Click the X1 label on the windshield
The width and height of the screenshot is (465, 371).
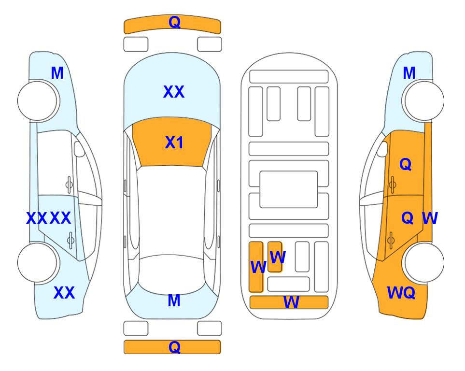tap(174, 143)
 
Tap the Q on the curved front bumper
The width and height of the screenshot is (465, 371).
tap(175, 22)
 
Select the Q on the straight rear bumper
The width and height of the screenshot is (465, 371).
tap(175, 347)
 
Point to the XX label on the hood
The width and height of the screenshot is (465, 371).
tap(174, 91)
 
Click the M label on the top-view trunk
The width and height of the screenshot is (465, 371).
tap(174, 300)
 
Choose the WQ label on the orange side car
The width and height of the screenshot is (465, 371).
tap(401, 293)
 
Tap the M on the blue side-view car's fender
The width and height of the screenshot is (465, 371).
tap(57, 73)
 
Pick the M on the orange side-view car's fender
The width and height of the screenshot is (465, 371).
tap(409, 73)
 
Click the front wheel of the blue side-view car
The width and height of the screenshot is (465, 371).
tap(37, 100)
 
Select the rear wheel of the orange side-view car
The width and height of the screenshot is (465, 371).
tap(424, 262)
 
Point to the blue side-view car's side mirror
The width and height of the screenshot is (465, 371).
tap(79, 149)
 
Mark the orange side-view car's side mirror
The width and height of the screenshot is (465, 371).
tap(382, 149)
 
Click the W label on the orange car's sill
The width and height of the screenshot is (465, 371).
tap(430, 218)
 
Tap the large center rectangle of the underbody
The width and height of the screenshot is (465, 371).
tap(289, 189)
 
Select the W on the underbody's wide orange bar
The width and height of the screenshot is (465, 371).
tap(291, 302)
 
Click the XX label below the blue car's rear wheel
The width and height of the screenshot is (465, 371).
tap(64, 293)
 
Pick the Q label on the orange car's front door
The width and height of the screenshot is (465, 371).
tap(406, 164)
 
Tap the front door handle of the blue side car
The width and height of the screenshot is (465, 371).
tap(69, 185)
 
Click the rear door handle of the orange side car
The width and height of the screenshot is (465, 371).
tap(391, 240)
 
